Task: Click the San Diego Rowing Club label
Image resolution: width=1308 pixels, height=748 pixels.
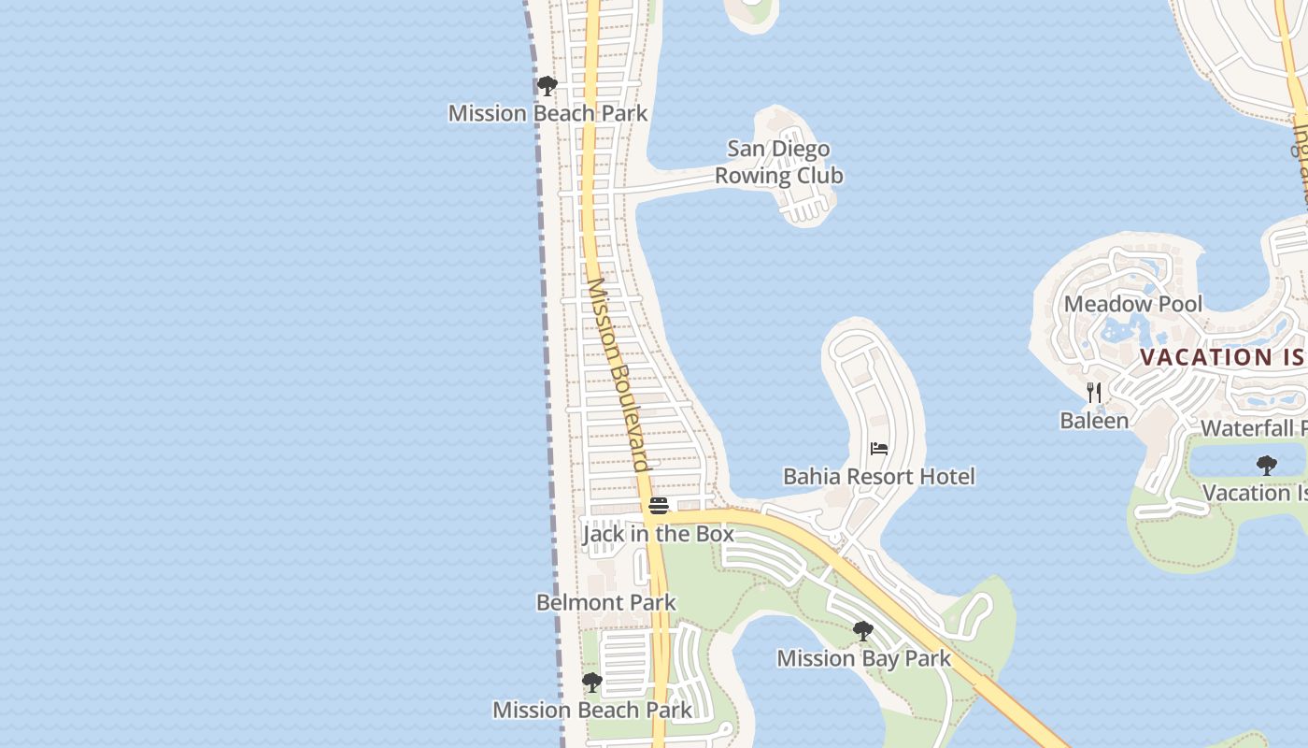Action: tap(778, 162)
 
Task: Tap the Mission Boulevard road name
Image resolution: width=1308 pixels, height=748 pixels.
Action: tap(618, 374)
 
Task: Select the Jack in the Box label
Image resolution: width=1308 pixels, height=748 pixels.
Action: tap(658, 534)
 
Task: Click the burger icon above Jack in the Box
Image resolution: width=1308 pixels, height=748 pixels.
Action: tap(659, 506)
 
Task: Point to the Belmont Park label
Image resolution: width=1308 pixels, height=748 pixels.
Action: tap(605, 602)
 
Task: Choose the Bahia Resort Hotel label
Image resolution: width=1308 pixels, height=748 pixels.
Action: tap(878, 476)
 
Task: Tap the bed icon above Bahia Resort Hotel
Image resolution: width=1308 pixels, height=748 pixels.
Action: tap(879, 449)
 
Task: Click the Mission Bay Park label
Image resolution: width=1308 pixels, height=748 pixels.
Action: tap(863, 658)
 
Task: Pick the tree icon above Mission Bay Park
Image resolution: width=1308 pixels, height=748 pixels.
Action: tap(863, 631)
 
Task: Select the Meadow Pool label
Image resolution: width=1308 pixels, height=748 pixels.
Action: tap(1133, 304)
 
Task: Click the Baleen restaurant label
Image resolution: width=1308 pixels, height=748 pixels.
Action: tap(1094, 421)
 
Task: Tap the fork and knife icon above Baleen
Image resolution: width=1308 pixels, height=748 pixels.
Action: tap(1094, 393)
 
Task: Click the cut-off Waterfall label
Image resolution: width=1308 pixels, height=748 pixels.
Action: tap(1253, 428)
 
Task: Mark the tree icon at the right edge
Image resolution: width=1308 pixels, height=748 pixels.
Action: tap(1267, 465)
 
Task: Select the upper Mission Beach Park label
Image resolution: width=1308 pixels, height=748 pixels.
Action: tap(547, 113)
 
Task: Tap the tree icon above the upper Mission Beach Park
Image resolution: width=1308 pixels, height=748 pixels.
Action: tap(547, 86)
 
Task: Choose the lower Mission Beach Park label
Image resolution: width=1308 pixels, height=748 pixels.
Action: tap(592, 710)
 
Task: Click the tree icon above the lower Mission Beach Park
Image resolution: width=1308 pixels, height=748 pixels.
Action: tap(592, 682)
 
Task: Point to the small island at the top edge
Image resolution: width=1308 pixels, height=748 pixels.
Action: tap(751, 12)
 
